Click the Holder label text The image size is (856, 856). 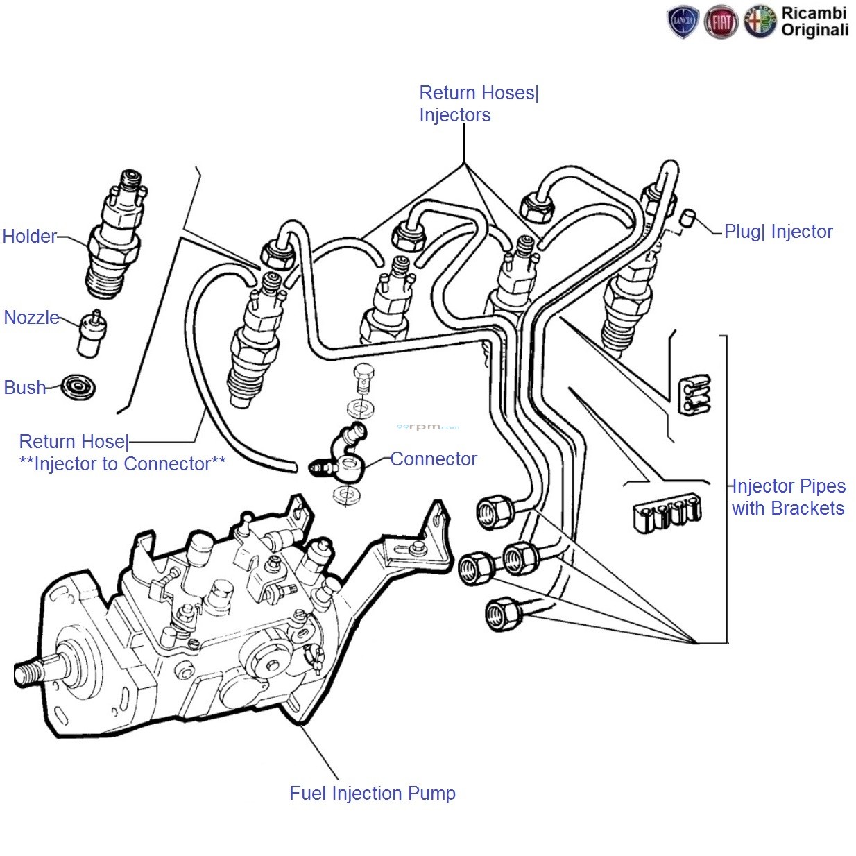point(29,237)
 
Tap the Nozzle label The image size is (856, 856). point(32,318)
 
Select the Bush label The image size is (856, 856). point(25,387)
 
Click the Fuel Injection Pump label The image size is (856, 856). point(373,793)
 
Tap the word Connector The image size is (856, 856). point(434,459)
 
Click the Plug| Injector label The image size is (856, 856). point(778,232)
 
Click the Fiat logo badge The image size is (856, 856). point(721,22)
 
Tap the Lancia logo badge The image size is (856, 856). point(683,22)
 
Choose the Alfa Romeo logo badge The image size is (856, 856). point(760,22)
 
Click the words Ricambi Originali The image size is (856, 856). point(814,22)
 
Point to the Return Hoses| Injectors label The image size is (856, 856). point(478,104)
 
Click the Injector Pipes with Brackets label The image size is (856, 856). point(788,497)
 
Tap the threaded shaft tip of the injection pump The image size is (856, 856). point(25,671)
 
